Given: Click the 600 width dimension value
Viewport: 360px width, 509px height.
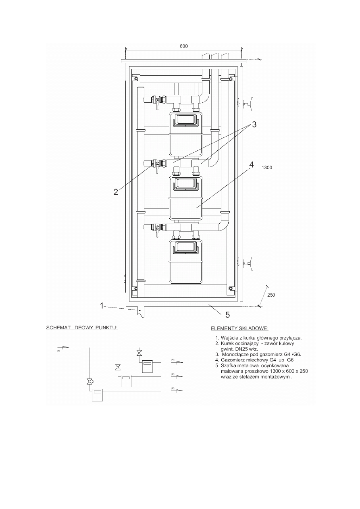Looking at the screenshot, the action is tap(184, 46).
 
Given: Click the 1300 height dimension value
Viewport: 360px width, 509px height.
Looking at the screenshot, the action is tap(267, 168).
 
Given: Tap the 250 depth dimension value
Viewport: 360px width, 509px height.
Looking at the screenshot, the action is tap(271, 295).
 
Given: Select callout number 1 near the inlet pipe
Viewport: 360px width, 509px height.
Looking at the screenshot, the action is tap(102, 306).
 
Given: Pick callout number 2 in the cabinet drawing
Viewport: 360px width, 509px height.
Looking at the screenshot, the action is tap(116, 192).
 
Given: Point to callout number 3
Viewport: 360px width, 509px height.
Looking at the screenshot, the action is tap(254, 125).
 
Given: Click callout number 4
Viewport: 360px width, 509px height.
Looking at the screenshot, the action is tap(252, 164).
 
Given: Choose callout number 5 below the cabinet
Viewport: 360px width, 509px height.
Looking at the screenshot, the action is tap(227, 315).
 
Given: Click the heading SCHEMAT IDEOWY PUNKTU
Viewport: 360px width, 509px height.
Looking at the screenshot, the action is tap(82, 328).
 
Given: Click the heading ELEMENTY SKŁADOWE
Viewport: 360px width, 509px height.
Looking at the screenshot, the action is tap(239, 328).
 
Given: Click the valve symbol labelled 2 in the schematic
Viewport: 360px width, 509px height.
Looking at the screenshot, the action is tap(89, 382).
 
